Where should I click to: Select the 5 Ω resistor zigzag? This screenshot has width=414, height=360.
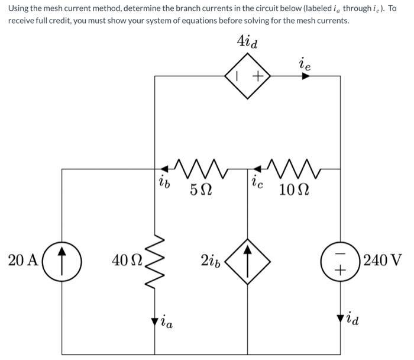pos(200,168)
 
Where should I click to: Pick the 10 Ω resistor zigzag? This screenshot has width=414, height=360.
pos(293,168)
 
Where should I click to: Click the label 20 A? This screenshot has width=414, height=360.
pos(23,260)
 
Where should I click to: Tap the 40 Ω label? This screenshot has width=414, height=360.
pos(127,260)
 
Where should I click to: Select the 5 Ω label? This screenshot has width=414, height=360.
pos(200,189)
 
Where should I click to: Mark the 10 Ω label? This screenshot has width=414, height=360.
pos(294,189)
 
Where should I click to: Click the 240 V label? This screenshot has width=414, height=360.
pos(383,260)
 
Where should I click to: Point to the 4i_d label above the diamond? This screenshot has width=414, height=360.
pos(247,42)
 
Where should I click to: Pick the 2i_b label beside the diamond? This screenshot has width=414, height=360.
pos(210,261)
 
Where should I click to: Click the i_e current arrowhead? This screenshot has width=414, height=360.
pos(306,76)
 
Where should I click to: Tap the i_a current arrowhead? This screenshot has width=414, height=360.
pos(155,321)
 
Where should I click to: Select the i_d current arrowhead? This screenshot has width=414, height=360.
pos(340,319)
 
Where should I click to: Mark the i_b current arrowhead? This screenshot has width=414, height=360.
pos(164,169)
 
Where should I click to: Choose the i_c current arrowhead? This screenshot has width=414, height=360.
pos(257,169)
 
